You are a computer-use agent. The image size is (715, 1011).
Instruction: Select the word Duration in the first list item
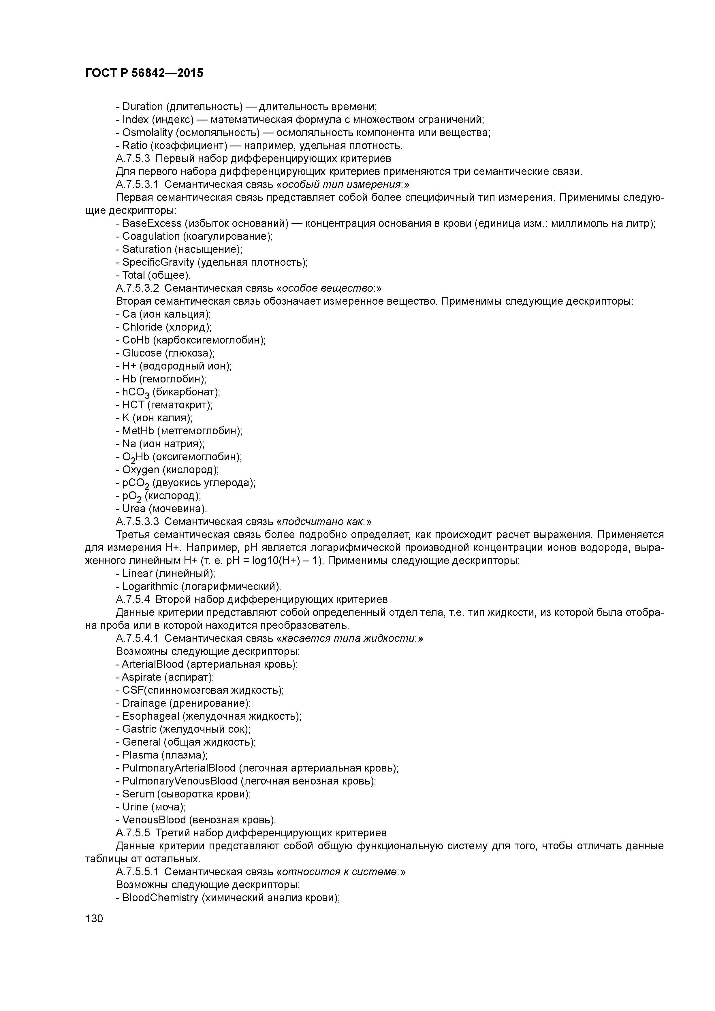pos(142,107)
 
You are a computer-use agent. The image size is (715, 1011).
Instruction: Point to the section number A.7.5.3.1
pos(137,184)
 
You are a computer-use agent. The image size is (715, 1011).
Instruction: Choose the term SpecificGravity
pos(158,263)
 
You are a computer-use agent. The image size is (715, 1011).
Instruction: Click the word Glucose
pos(142,353)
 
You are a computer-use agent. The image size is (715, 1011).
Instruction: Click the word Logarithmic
pos(150,587)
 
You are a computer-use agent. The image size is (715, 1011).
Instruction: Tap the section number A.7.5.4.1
pos(137,639)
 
